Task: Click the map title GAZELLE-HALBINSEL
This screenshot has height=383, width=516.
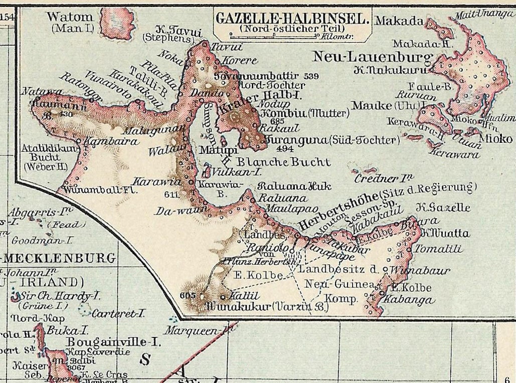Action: pyautogui.click(x=293, y=19)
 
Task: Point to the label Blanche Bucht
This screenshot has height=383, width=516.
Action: pyautogui.click(x=283, y=162)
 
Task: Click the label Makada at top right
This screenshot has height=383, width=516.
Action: pyautogui.click(x=399, y=21)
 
